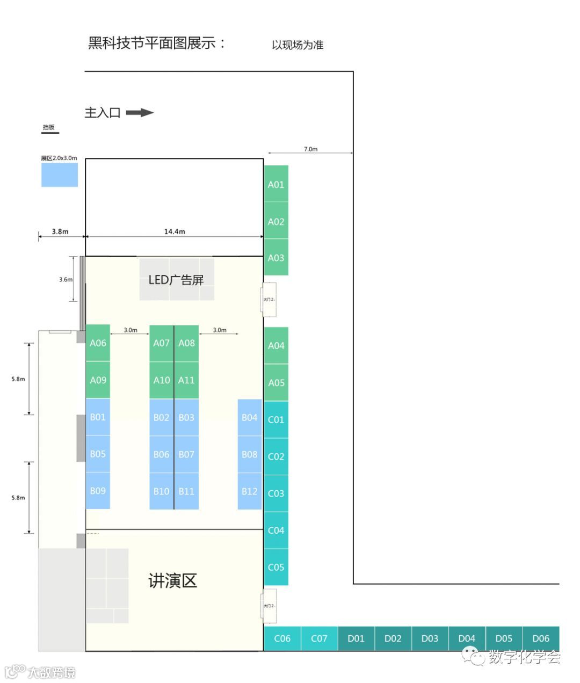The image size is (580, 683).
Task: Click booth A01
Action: coord(276,184)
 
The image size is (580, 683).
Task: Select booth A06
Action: coord(98,343)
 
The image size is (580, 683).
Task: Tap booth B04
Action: coord(249,417)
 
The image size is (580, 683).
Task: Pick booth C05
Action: coord(276,567)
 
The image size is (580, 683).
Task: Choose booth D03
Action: coord(430,638)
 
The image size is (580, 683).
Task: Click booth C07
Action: coord(319,638)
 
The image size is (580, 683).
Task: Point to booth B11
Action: coord(186,491)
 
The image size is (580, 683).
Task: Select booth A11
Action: coord(186,380)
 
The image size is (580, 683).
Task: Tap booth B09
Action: coord(98,491)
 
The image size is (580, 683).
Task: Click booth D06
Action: coord(541,638)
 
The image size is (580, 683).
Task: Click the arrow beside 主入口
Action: coord(140,113)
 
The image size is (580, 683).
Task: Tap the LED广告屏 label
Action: coord(176,280)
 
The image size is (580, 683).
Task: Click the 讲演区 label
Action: coord(173,580)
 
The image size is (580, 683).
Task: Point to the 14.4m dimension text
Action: coord(175,231)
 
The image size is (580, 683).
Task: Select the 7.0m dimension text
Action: coord(310,149)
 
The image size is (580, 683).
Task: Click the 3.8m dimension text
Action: coord(60,231)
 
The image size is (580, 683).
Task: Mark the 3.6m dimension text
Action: coord(66,279)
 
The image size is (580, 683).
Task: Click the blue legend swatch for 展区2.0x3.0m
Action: coord(60,175)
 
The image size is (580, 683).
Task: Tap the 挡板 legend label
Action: coord(49,127)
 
